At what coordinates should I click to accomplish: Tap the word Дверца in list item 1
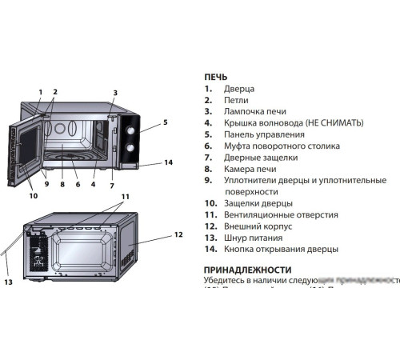tap(239, 89)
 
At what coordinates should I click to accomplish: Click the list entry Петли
tap(238, 100)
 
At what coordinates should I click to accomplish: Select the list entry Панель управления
tap(266, 134)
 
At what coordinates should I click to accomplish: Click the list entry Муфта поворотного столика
tap(282, 146)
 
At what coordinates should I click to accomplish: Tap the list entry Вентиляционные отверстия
tap(281, 214)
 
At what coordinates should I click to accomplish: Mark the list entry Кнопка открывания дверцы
tap(281, 249)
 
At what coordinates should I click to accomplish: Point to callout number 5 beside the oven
tap(165, 122)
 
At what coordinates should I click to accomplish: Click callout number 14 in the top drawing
tap(168, 162)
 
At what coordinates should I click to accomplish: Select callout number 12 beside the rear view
tap(178, 235)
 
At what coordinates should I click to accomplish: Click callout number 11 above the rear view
tap(125, 196)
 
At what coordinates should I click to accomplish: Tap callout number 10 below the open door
tap(34, 195)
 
